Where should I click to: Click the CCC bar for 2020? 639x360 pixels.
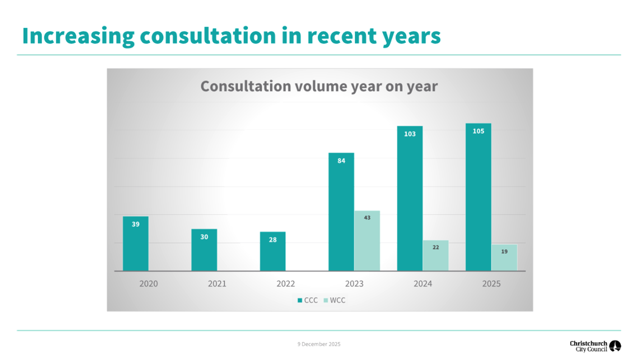point(136,244)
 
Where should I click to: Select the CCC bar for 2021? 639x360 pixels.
point(204,250)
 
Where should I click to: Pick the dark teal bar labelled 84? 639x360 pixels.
point(341,212)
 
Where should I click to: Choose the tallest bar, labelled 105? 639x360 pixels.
point(478,197)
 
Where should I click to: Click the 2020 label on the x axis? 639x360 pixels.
point(149,284)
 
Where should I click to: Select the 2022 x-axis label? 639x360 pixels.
point(286,284)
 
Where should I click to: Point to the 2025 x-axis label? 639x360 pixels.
point(491,284)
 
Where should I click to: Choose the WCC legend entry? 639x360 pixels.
point(335,300)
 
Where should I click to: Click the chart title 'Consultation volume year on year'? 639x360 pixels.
point(319,86)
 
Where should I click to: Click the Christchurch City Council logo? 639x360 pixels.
point(595,346)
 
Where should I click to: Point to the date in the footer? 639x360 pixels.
point(319,344)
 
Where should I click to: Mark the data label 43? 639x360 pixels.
point(367,218)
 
